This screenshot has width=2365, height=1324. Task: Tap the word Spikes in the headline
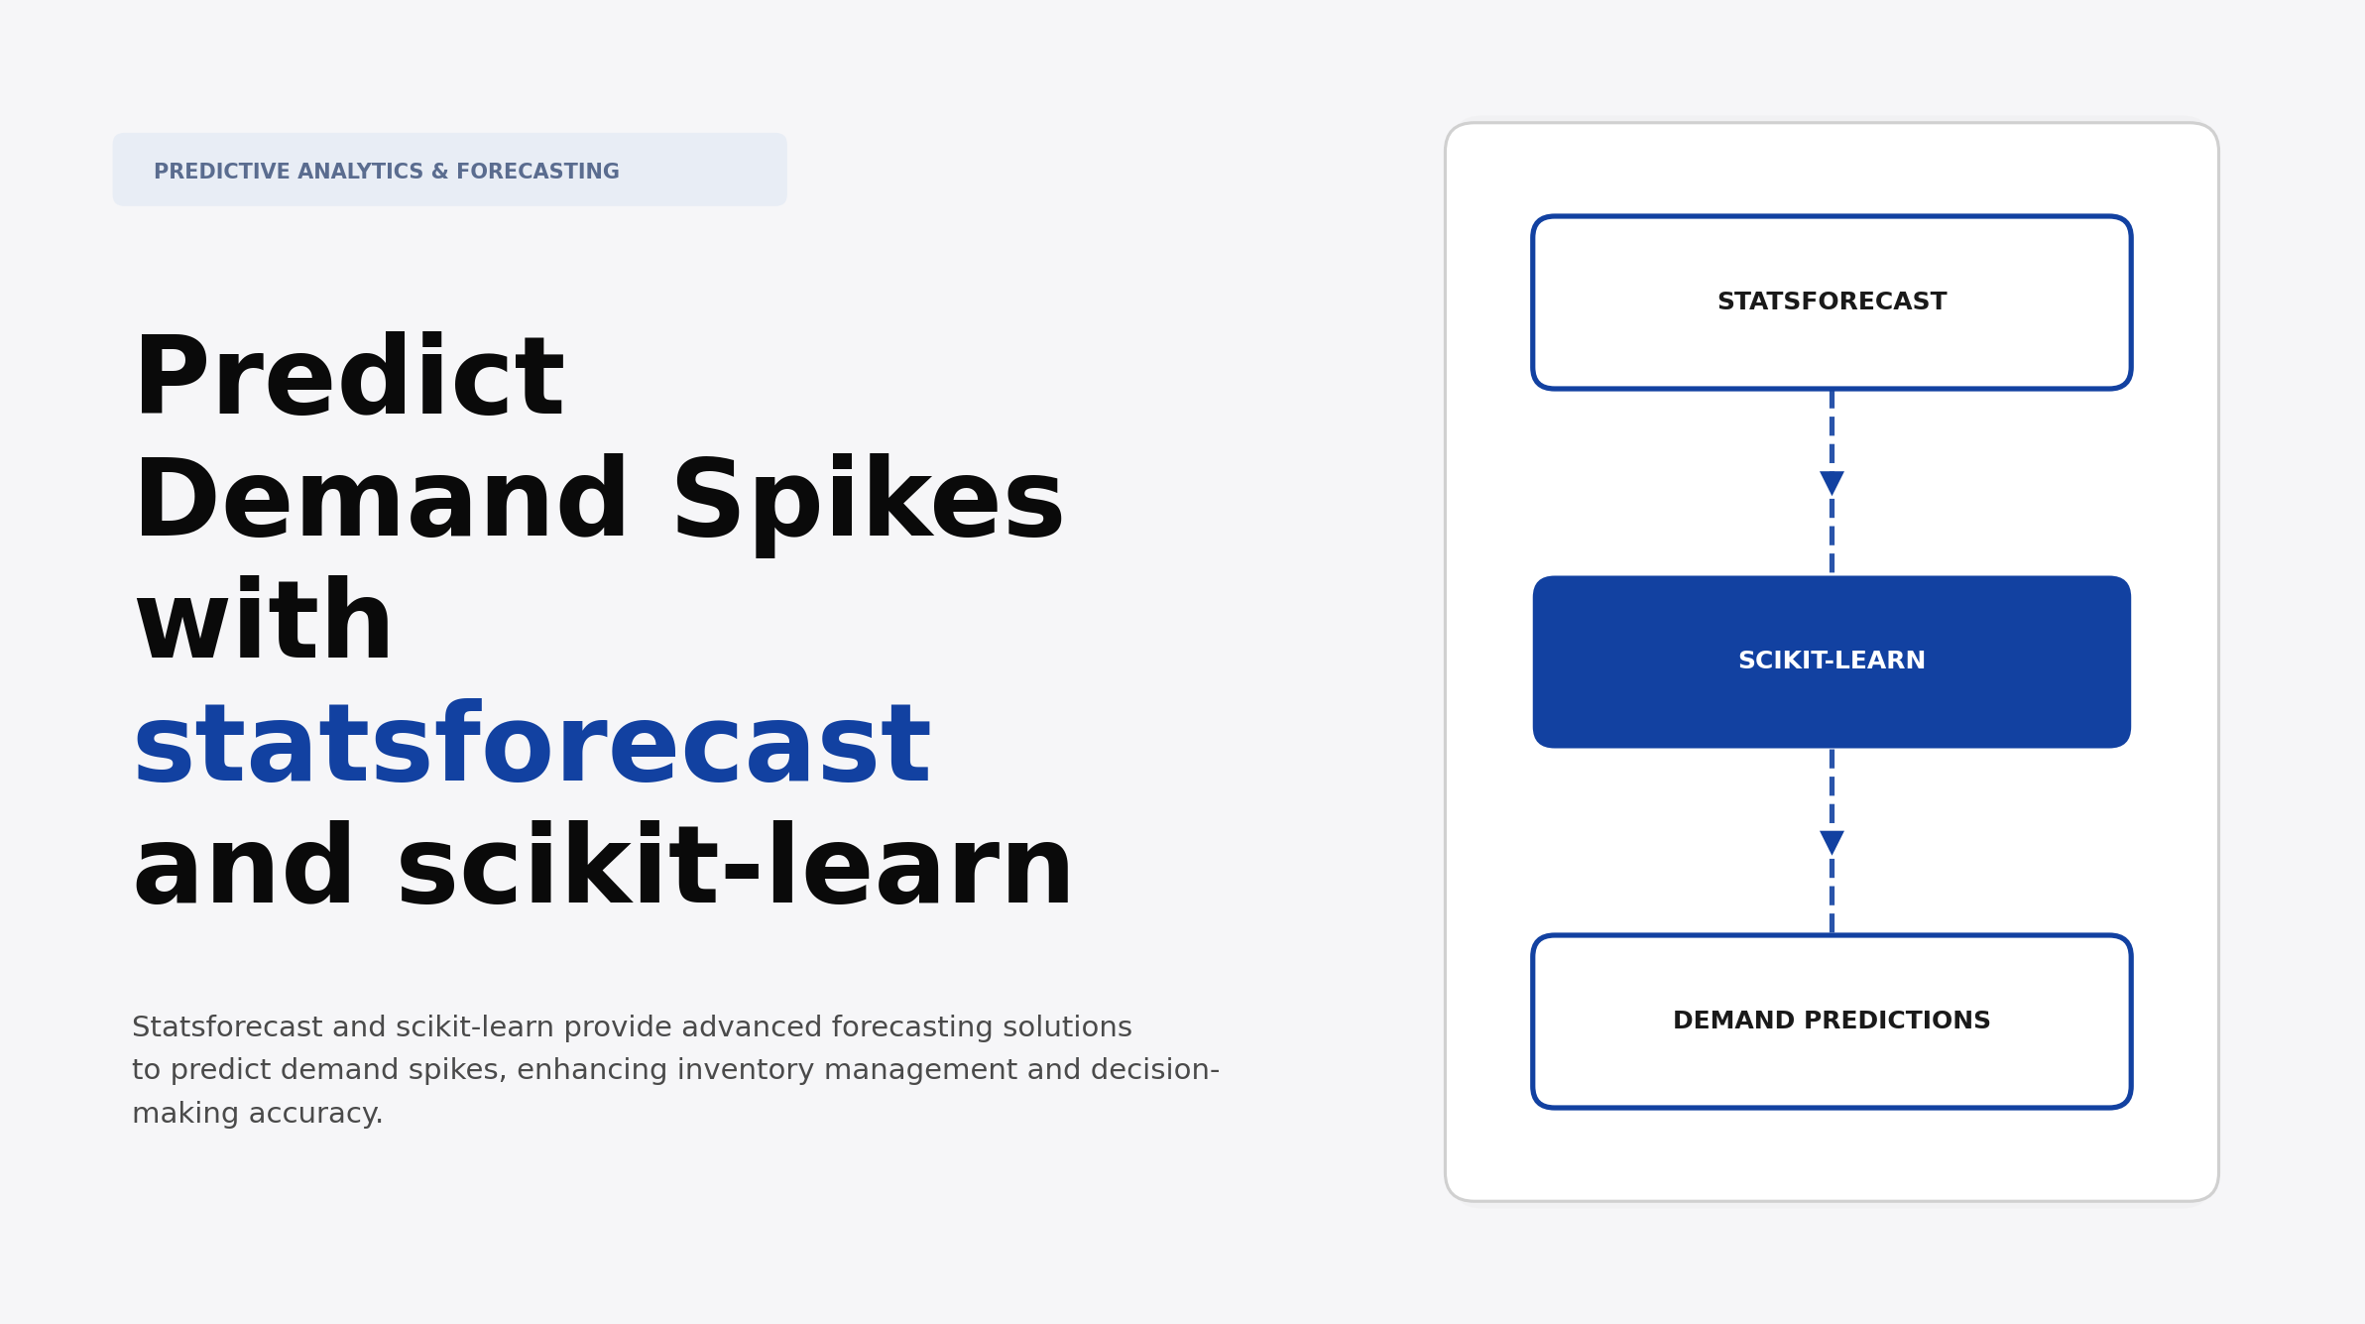[x=868, y=502]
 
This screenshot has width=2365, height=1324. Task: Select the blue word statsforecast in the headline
[x=532, y=746]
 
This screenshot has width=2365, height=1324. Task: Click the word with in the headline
[x=264, y=624]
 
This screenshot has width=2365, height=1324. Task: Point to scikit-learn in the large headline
[x=734, y=869]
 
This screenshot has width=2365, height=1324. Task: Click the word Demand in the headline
[x=381, y=502]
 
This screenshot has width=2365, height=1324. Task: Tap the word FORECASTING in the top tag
[x=537, y=172]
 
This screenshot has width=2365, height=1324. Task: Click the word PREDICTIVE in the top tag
[x=222, y=172]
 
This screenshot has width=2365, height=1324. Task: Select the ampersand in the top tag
[x=439, y=172]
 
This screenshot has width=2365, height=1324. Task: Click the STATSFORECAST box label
[x=1832, y=301]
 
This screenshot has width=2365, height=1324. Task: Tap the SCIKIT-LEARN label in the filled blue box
[x=1832, y=661]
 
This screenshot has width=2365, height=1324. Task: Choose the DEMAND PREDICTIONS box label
[x=1832, y=1021]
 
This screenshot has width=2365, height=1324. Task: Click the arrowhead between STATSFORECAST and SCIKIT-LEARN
[x=1832, y=483]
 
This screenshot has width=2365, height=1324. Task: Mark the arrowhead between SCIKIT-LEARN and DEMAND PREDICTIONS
[x=1832, y=842]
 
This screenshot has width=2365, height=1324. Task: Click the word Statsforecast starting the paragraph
[x=228, y=1027]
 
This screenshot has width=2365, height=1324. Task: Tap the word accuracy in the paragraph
[x=315, y=1114]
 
